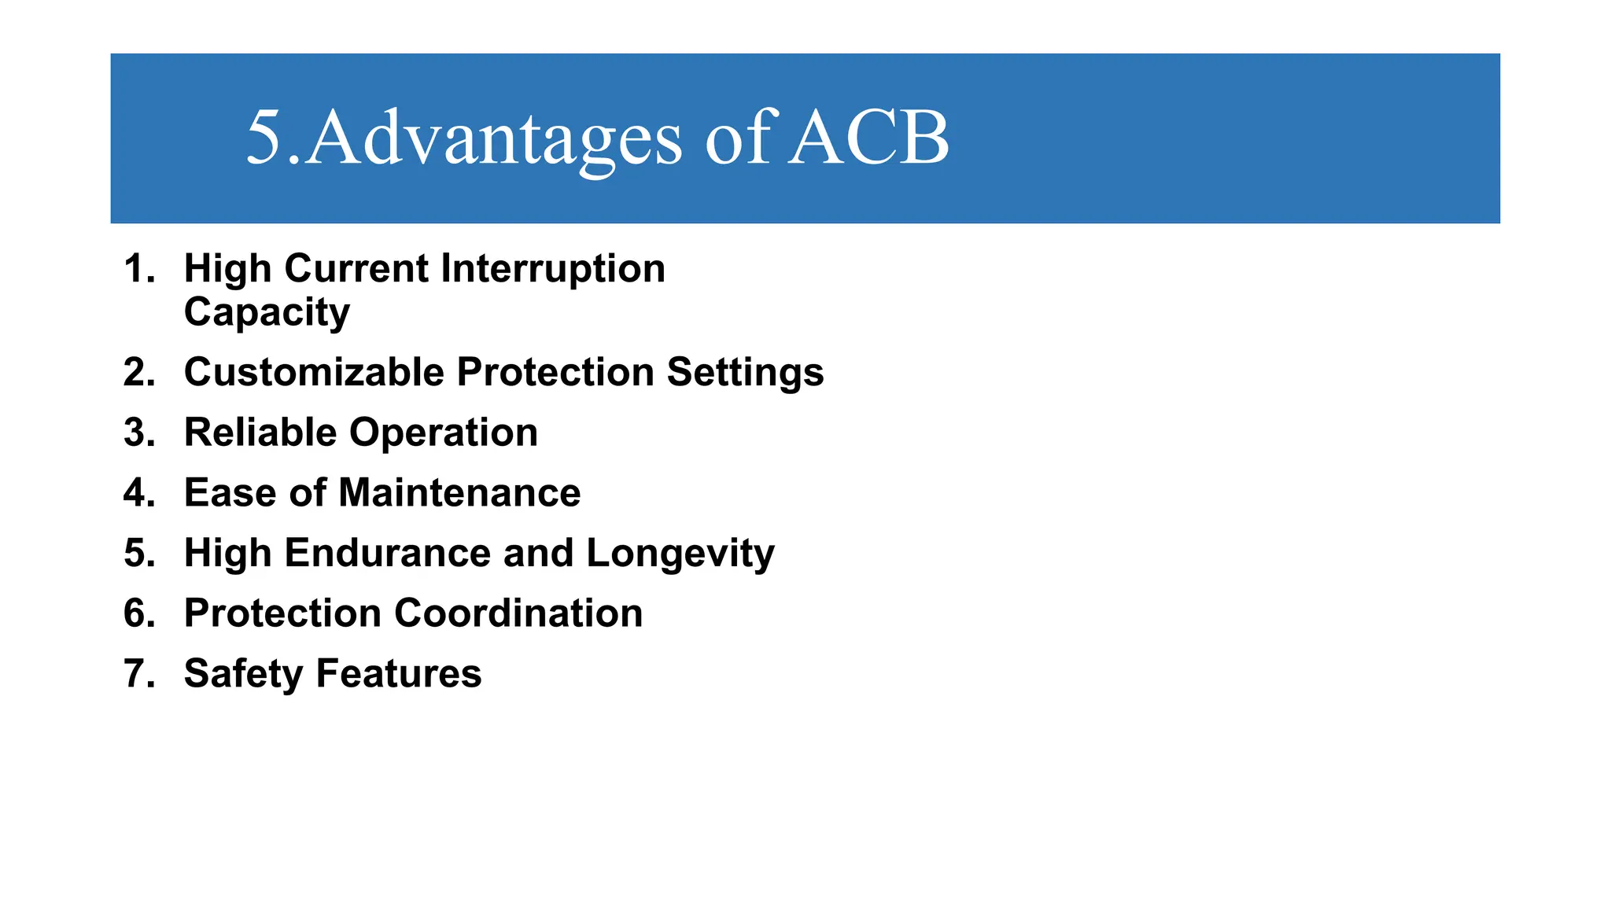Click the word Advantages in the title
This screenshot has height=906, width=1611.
494,138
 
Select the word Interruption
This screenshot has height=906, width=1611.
553,269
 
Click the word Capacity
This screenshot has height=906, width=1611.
267,313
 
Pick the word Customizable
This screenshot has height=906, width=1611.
313,372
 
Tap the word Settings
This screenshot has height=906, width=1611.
745,372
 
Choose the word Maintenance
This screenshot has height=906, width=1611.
459,493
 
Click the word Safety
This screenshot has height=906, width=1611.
243,675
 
